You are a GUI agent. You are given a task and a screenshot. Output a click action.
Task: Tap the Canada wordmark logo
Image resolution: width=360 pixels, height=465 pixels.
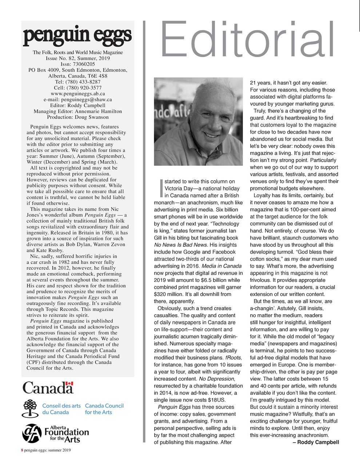(48, 388)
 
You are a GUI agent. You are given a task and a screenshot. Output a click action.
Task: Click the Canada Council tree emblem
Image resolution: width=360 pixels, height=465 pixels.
(31, 409)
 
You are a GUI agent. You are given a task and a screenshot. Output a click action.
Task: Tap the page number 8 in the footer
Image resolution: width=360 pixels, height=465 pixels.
(22, 450)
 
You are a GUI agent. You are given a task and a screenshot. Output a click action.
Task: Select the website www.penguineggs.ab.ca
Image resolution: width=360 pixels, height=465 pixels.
(77, 93)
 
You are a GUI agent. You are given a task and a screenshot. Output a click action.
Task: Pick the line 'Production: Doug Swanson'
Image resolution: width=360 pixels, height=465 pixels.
(77, 117)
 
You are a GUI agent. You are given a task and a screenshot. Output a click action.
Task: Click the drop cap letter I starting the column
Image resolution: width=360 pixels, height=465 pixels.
(161, 188)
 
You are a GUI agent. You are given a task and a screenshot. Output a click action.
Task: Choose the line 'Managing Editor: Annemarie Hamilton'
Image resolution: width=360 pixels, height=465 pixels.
(77, 111)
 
